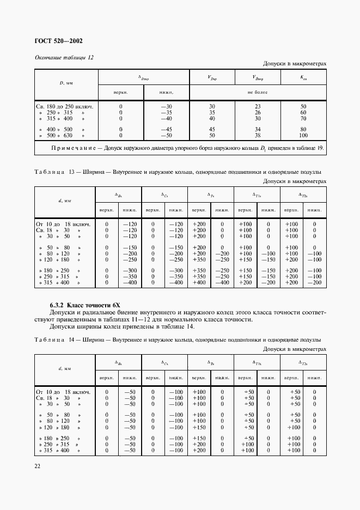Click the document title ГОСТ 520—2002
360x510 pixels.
tap(59, 41)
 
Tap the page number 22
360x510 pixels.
tap(37, 466)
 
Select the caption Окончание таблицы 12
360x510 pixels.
tap(64, 58)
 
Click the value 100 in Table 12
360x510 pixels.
tap(303, 135)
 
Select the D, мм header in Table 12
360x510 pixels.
tap(65, 83)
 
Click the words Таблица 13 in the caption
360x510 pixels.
tap(56, 173)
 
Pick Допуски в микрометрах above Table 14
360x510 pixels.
tap(294, 349)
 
